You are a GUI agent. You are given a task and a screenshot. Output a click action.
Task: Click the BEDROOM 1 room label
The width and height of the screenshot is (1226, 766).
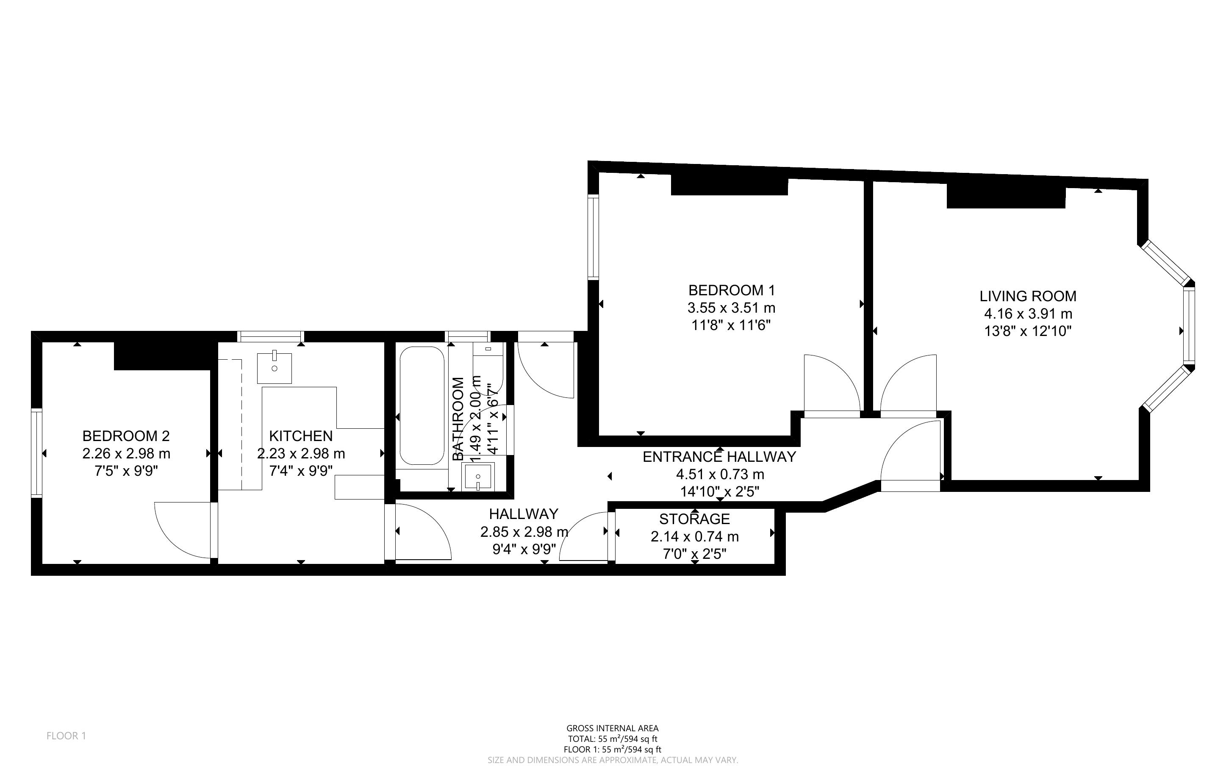tap(731, 290)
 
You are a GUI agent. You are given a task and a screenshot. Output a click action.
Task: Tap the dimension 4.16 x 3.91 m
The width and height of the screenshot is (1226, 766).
tap(1028, 314)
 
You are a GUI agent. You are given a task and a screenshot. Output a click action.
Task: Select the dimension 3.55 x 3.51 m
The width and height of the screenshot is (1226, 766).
tap(731, 308)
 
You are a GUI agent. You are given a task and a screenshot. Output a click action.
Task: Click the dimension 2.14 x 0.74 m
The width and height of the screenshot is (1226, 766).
tap(694, 536)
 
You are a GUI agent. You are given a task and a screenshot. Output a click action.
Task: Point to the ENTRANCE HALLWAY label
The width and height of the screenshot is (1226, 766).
tap(719, 457)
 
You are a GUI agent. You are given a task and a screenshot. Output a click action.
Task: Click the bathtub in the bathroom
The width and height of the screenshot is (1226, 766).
tap(422, 406)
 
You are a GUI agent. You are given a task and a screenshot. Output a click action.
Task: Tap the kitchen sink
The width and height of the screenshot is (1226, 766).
tap(275, 368)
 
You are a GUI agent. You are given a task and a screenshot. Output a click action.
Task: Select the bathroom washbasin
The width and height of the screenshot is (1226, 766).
tap(478, 477)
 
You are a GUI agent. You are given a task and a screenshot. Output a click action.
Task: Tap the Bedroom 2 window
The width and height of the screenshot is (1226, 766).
tap(36, 453)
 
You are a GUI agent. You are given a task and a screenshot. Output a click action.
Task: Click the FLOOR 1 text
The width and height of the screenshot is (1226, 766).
tap(67, 735)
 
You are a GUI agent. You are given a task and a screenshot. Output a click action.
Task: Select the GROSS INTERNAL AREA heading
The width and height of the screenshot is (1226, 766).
tap(612, 729)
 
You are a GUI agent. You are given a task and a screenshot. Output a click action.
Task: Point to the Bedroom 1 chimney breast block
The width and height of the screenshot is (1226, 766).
tap(729, 186)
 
